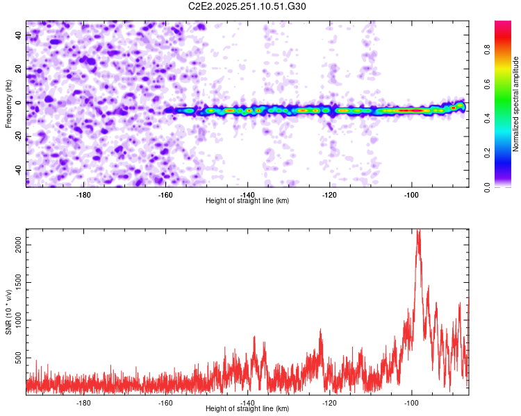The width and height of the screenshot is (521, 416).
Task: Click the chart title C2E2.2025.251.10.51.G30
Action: click(x=247, y=6)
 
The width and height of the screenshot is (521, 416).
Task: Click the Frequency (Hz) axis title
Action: click(x=8, y=103)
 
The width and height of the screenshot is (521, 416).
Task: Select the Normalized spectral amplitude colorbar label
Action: click(x=516, y=104)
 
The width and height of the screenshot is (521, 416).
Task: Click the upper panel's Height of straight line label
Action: click(x=247, y=200)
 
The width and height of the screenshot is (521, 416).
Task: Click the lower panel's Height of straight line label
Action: click(x=247, y=408)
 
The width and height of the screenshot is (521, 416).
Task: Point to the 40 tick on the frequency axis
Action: click(x=18, y=35)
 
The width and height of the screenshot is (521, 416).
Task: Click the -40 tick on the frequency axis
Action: click(x=17, y=171)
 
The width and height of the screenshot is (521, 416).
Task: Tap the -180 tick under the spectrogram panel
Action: click(x=84, y=195)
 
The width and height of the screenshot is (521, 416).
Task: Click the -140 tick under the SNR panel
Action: click(x=248, y=402)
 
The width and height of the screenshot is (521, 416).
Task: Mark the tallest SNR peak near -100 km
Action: click(x=417, y=232)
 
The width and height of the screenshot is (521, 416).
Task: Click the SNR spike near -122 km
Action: click(x=320, y=331)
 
